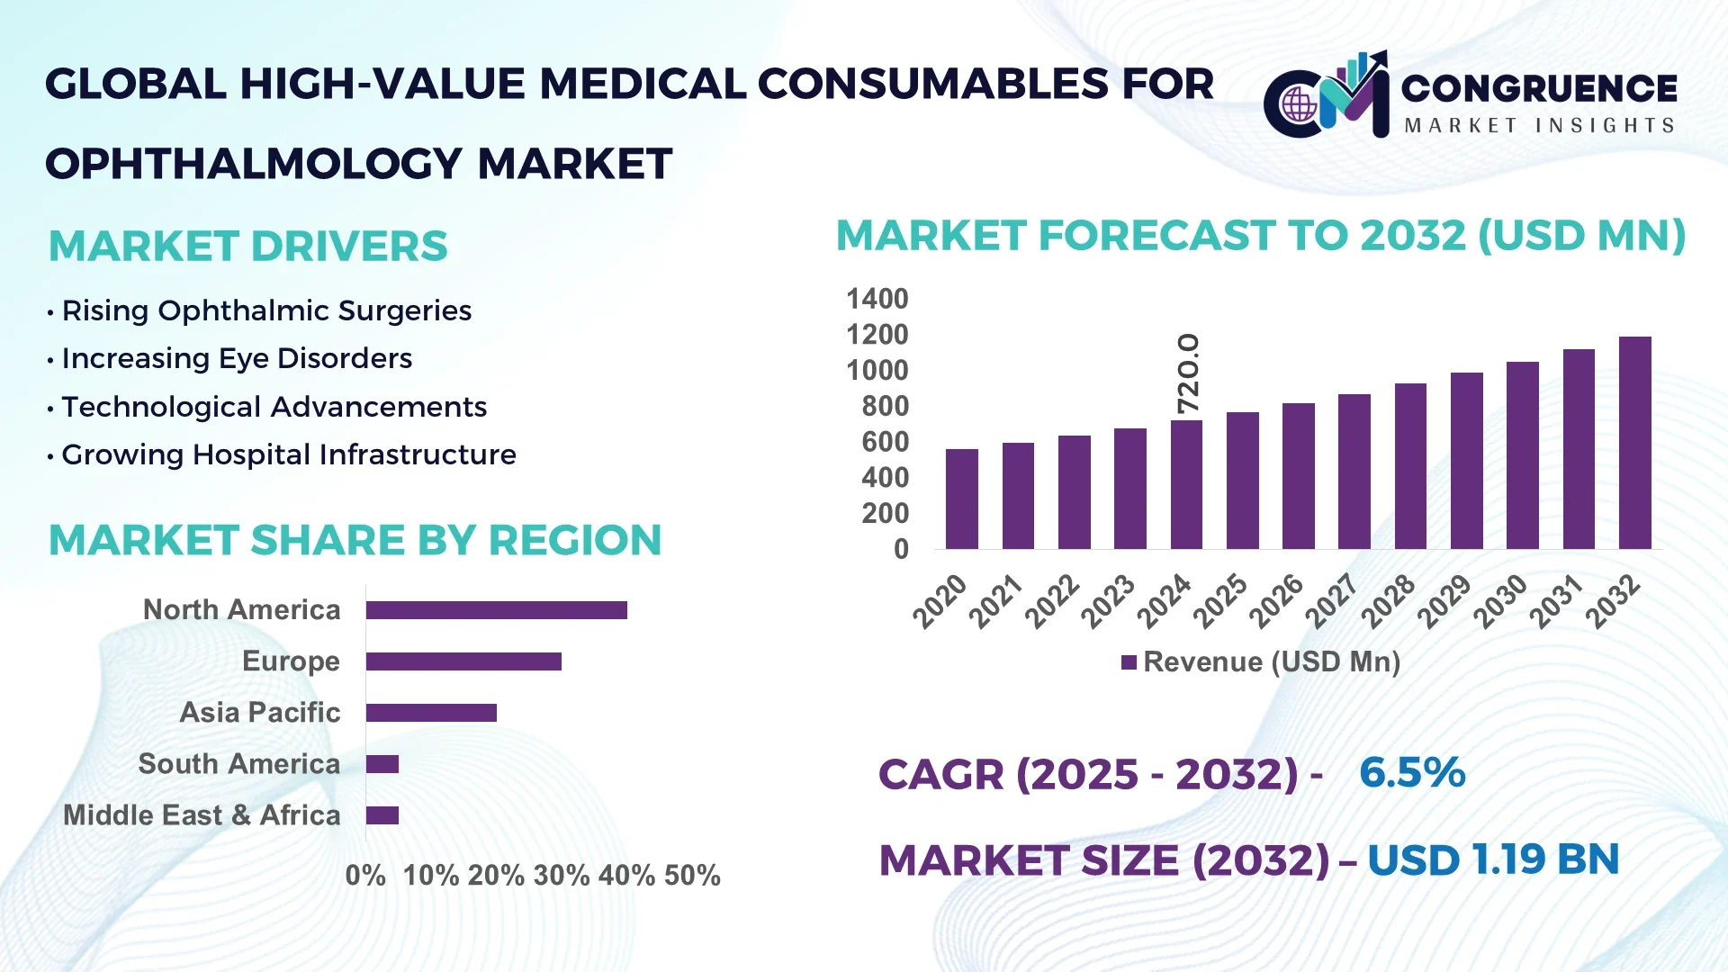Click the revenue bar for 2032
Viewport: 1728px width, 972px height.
pyautogui.click(x=1634, y=443)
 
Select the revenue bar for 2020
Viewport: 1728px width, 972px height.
pyautogui.click(x=961, y=499)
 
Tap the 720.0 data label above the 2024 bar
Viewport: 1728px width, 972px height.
pyautogui.click(x=1188, y=373)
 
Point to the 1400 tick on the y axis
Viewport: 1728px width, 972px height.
pyautogui.click(x=877, y=299)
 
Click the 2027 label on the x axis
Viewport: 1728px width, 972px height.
pyautogui.click(x=1332, y=600)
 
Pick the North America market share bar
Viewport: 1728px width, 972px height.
pyautogui.click(x=496, y=610)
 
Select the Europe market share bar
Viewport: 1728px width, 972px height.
pyautogui.click(x=463, y=661)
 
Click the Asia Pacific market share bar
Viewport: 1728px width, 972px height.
pyautogui.click(x=431, y=713)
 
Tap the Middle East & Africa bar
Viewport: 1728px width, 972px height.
pyautogui.click(x=382, y=815)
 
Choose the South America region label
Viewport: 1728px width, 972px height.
pyautogui.click(x=239, y=764)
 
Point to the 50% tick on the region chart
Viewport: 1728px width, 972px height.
pyautogui.click(x=692, y=876)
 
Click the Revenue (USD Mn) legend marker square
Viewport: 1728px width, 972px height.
pyautogui.click(x=1129, y=662)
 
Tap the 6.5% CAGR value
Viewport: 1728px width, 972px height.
pyautogui.click(x=1411, y=772)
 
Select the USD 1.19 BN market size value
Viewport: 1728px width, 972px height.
pyautogui.click(x=1493, y=859)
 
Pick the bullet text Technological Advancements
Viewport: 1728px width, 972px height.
pyautogui.click(x=274, y=407)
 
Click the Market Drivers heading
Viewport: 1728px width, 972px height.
pyautogui.click(x=248, y=247)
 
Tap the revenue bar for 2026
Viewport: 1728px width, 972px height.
pyautogui.click(x=1298, y=476)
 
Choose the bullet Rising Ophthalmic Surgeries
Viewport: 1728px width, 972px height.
pyautogui.click(x=266, y=310)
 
